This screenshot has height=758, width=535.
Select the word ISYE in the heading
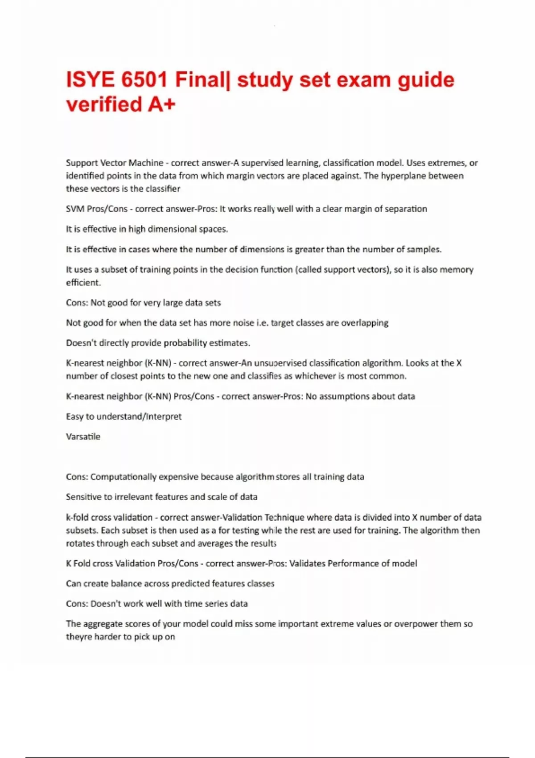pyautogui.click(x=90, y=80)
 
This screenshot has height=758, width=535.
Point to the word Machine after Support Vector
pyautogui.click(x=146, y=163)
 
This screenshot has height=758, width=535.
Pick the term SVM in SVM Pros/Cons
pyautogui.click(x=75, y=209)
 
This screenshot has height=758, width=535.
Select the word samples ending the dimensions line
pyautogui.click(x=426, y=249)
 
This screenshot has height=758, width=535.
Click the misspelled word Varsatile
pyautogui.click(x=83, y=437)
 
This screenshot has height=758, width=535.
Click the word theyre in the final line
pyautogui.click(x=79, y=637)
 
